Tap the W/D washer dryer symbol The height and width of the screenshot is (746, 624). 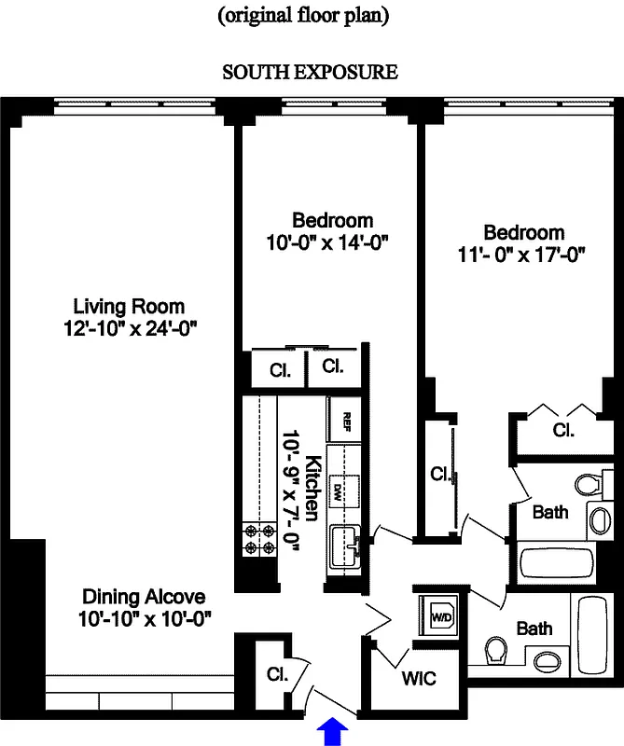(x=438, y=615)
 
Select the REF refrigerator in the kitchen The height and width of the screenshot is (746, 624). (x=346, y=419)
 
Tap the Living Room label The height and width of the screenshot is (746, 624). (x=129, y=306)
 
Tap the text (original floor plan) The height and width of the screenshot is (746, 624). (x=303, y=15)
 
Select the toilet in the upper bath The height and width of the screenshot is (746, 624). (x=586, y=485)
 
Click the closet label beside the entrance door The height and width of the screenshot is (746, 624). (x=276, y=673)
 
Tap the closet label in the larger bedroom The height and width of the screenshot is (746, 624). (x=562, y=431)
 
